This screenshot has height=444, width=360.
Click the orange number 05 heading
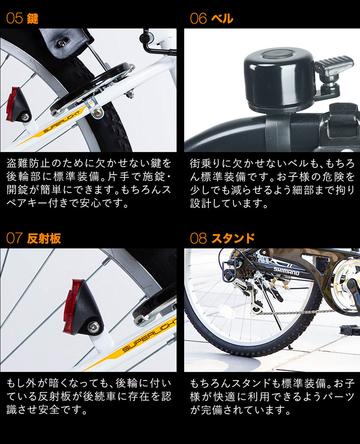[14, 18]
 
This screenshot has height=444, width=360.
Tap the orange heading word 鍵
[33, 19]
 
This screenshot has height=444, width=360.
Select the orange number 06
[199, 19]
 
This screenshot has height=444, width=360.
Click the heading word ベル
[222, 19]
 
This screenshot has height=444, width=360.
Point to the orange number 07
[14, 238]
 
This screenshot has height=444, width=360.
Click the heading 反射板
[44, 238]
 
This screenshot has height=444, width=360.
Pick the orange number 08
[199, 238]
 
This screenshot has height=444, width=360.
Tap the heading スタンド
[233, 238]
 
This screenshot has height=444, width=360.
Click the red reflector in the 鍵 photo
[11, 104]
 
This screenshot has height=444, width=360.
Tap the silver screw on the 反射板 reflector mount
[94, 327]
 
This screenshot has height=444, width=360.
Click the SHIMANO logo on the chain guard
[286, 271]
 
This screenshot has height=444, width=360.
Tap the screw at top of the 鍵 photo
[61, 43]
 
